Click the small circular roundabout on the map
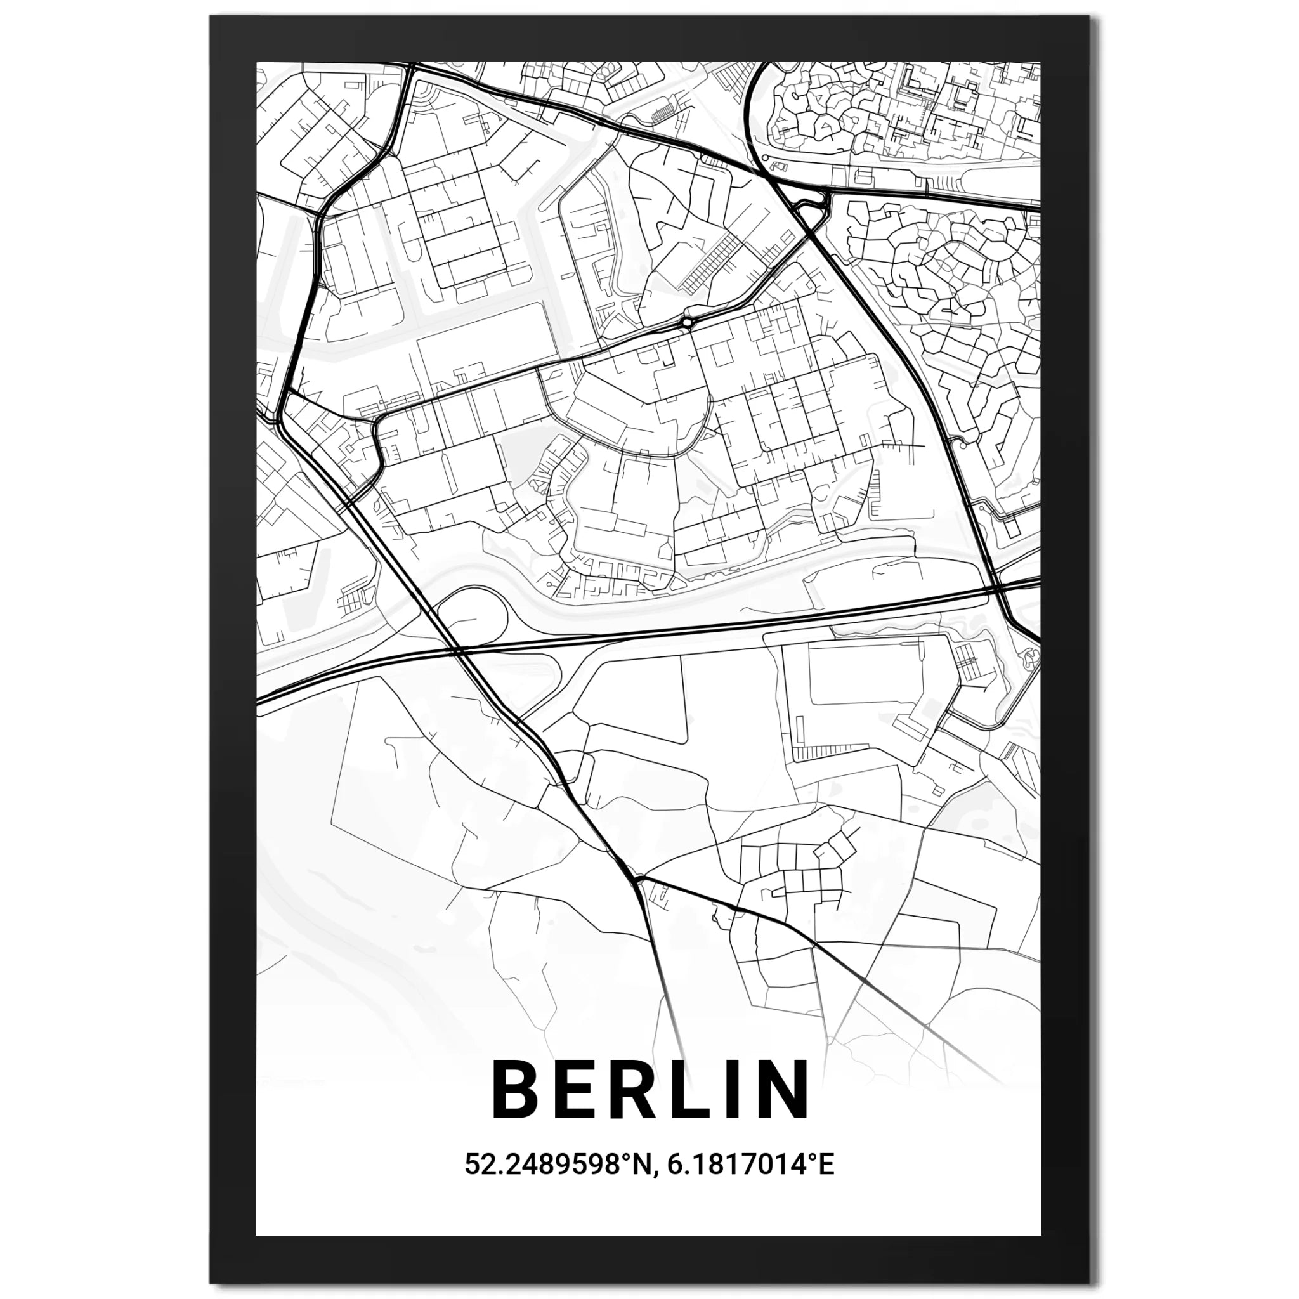[686, 323]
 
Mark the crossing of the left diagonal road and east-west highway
[457, 651]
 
